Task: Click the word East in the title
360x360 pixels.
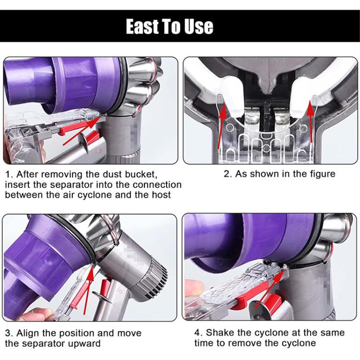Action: (142, 26)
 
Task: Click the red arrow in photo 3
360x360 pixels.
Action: (88, 289)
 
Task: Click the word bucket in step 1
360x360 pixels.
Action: (141, 174)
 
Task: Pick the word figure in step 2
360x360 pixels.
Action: (323, 174)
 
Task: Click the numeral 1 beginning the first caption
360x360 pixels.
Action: (8, 174)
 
